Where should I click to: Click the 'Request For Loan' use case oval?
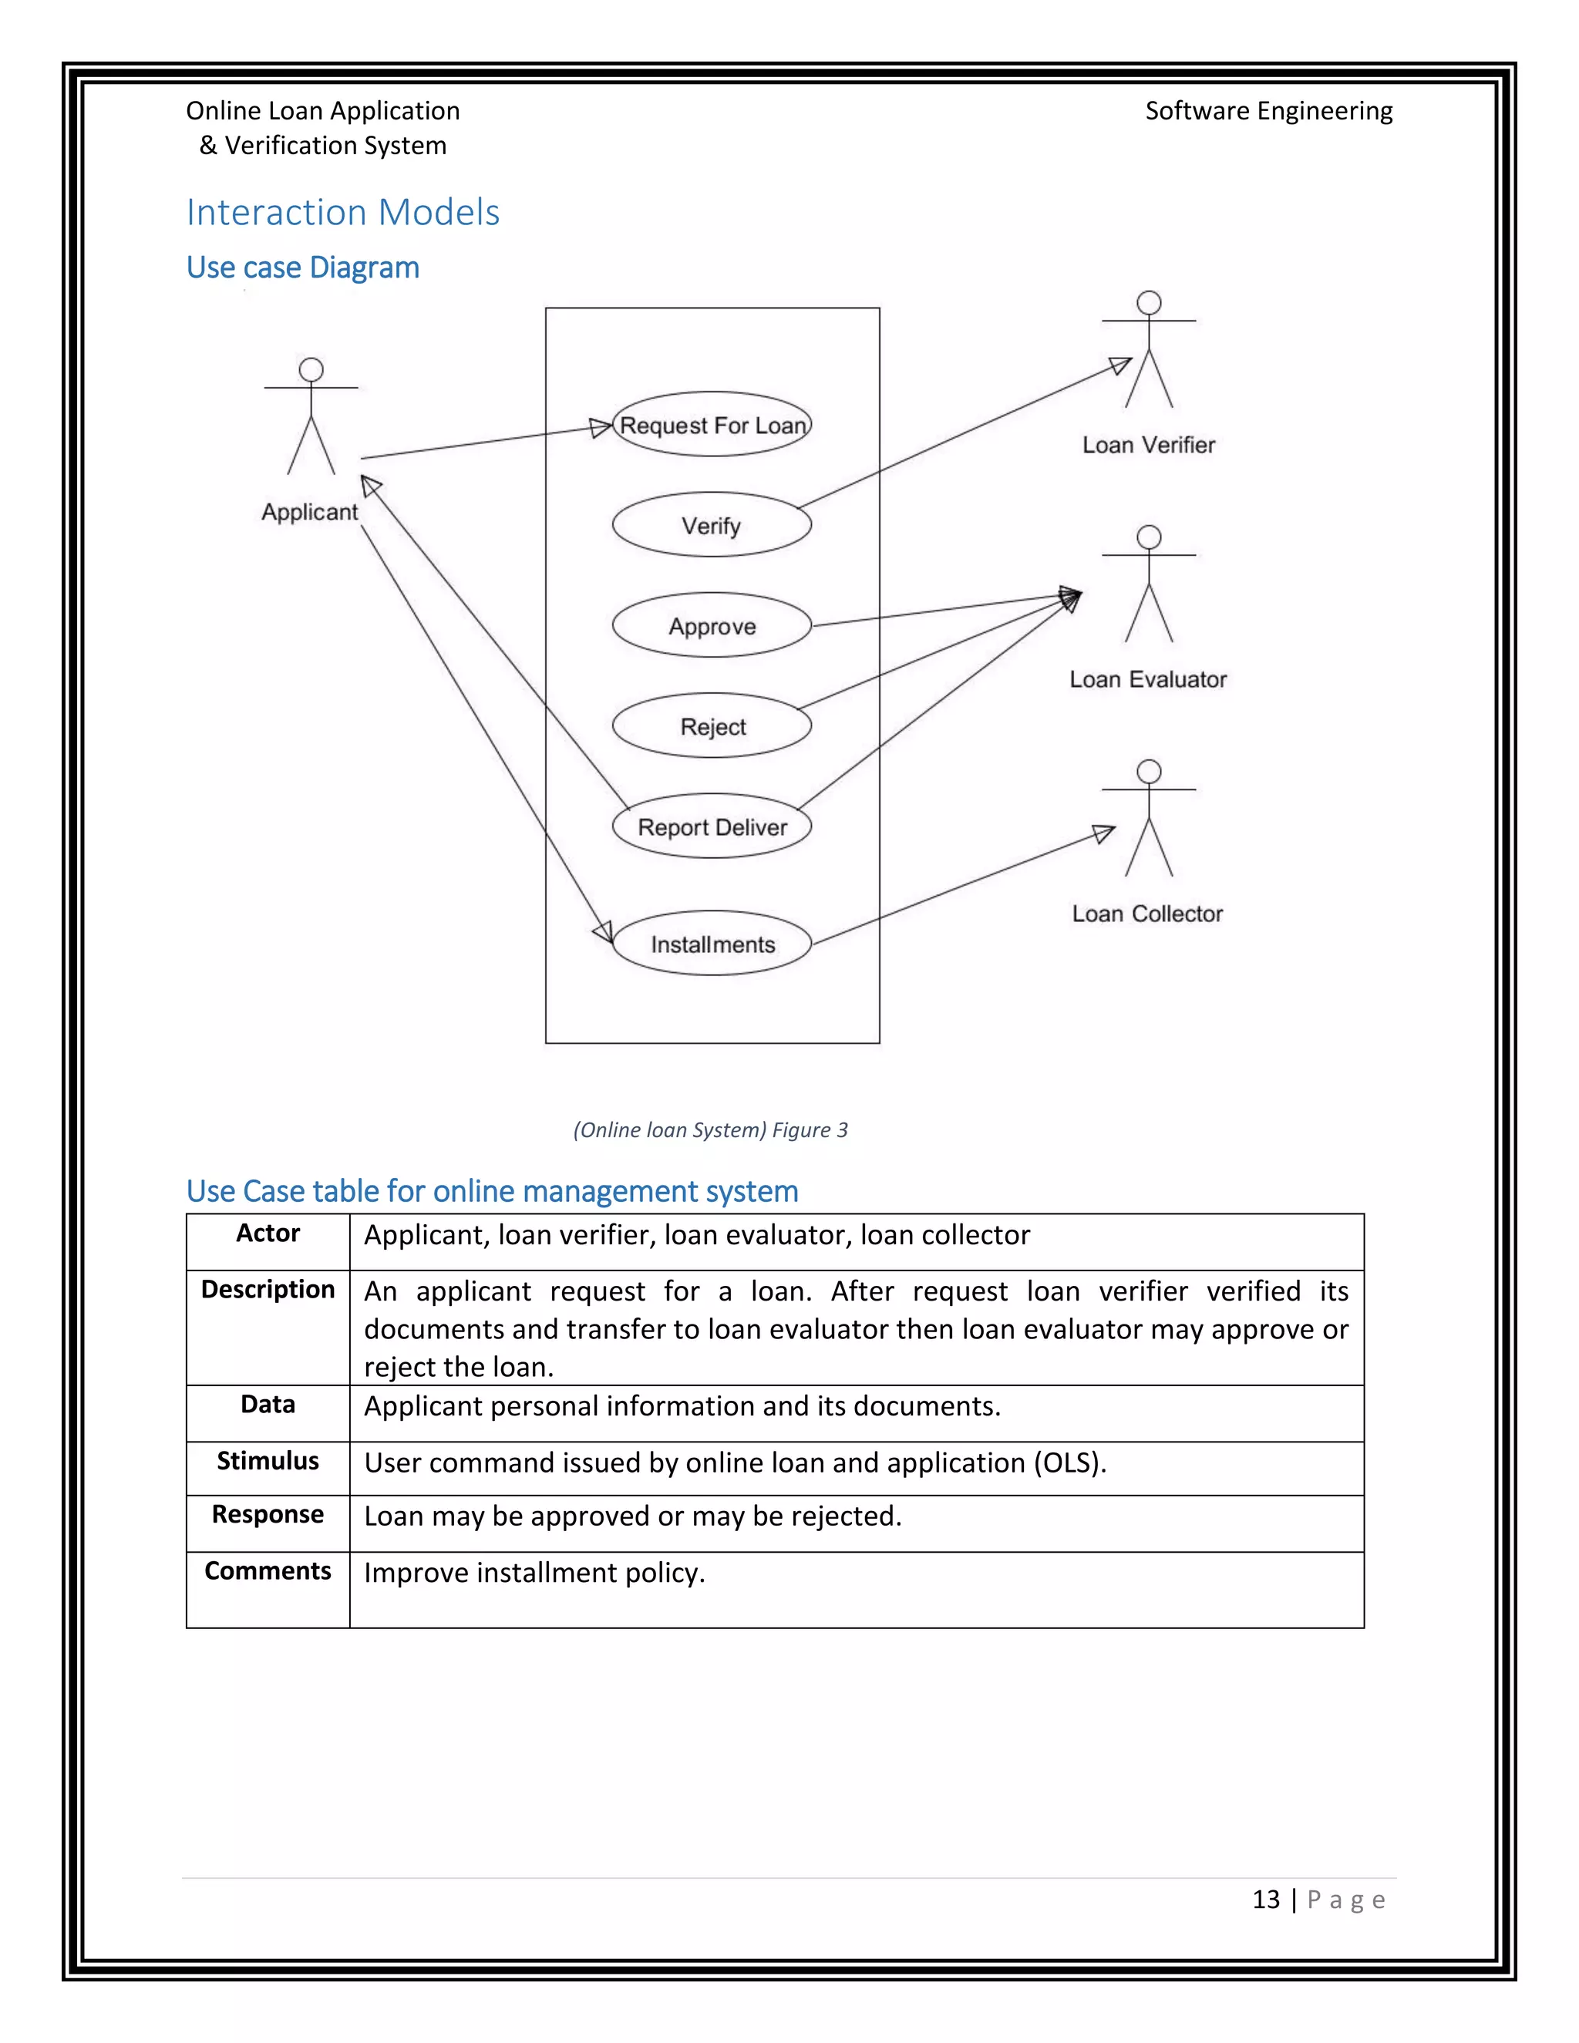point(712,425)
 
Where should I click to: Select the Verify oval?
point(712,525)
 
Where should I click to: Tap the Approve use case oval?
point(712,626)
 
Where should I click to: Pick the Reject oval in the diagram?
point(712,726)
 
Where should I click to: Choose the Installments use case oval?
point(712,944)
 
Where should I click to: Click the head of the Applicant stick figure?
point(311,369)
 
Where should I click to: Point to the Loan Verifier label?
point(1148,446)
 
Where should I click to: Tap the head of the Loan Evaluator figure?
point(1149,537)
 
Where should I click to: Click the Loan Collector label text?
point(1146,914)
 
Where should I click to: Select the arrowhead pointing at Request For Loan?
point(601,429)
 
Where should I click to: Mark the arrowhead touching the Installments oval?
point(604,932)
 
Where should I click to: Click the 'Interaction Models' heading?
point(342,212)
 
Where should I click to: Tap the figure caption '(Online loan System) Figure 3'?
point(710,1130)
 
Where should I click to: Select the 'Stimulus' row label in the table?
point(268,1461)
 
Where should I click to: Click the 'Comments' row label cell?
point(268,1571)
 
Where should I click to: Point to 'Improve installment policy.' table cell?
point(534,1573)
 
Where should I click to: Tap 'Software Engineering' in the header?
point(1268,111)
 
